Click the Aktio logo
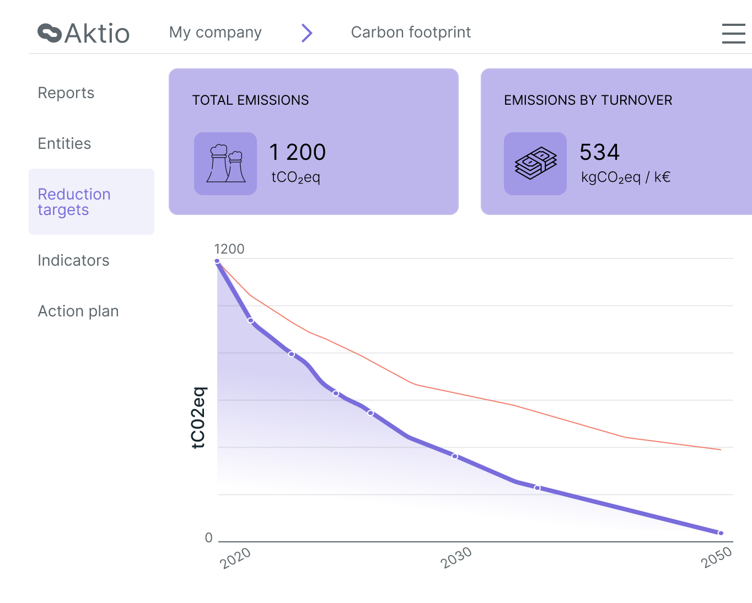83,33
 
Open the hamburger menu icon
733,33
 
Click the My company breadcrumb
215,33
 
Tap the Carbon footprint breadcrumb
411,33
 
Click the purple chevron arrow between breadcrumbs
307,33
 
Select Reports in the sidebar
66,93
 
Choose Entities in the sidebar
64,144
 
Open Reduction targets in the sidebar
74,202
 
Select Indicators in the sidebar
73,261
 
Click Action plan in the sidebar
78,311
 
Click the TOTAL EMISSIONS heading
250,100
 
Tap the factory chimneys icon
225,164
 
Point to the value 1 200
297,153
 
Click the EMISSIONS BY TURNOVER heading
588,100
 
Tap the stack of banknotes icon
535,164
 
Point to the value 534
599,153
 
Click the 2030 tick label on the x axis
456,558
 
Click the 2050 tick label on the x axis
716,558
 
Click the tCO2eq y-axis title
198,418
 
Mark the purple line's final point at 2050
721,533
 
